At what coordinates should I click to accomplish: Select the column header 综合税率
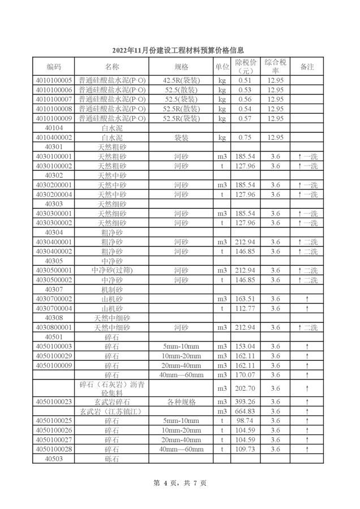[x=275, y=66]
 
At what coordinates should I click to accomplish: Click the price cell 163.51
[x=245, y=299]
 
